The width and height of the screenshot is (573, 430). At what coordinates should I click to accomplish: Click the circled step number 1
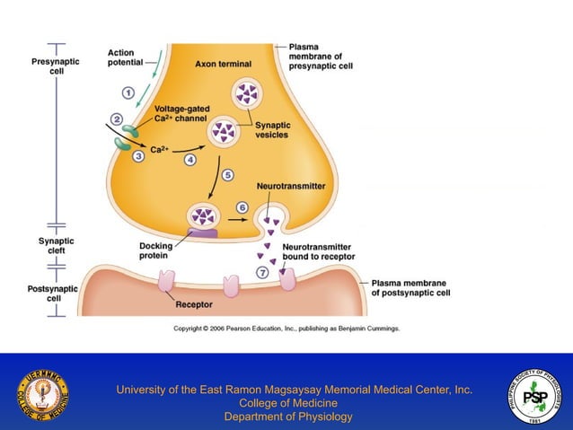coord(128,92)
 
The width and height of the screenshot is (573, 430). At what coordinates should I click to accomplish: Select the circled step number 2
coord(117,119)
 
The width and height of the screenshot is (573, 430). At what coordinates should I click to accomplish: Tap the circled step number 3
coord(138,156)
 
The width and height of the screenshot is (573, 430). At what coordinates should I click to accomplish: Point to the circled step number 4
coord(190,160)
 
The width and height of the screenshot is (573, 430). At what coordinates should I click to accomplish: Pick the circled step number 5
coord(228,175)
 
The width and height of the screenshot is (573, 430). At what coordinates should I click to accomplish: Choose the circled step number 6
coord(242,207)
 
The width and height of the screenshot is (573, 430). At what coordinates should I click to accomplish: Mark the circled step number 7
coord(261,272)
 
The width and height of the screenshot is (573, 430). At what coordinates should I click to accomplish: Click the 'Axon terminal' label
coord(223,64)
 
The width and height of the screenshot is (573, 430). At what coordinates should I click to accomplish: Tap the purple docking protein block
coord(202,233)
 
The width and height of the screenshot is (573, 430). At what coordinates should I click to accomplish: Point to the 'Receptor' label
coord(194,304)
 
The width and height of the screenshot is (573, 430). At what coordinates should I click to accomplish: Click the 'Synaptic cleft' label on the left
coord(56,247)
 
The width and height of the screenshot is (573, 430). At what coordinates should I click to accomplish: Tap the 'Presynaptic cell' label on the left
coord(56,66)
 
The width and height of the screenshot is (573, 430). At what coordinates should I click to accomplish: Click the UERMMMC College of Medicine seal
coord(42,393)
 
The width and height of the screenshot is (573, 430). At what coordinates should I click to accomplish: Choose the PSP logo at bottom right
coord(535,393)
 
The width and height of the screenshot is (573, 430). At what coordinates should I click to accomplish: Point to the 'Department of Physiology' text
coord(288,417)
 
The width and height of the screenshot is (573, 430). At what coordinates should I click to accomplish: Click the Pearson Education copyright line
coord(286,329)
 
